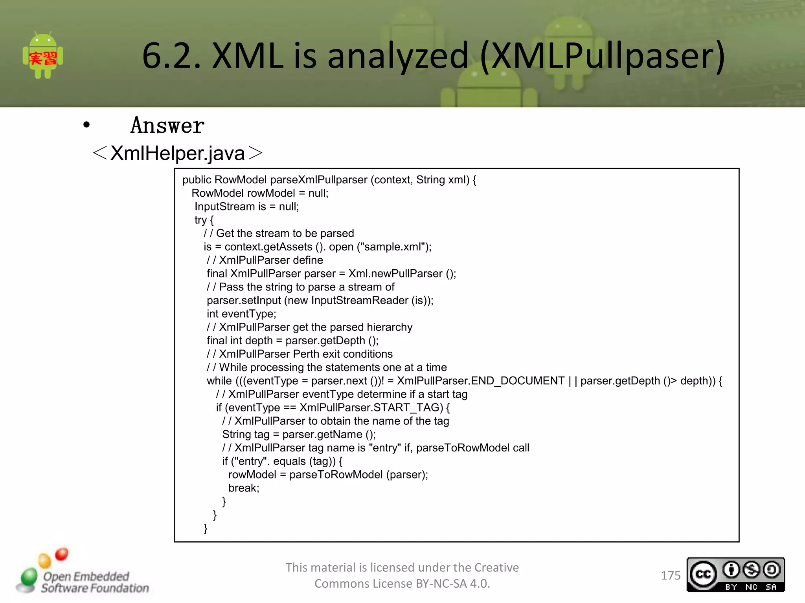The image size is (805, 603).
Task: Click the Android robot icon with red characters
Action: tap(43, 56)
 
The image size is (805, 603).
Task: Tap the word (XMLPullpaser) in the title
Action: tap(602, 56)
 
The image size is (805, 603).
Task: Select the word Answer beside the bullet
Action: tap(167, 126)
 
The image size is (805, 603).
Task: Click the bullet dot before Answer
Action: tap(86, 125)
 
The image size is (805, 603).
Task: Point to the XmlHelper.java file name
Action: tap(178, 153)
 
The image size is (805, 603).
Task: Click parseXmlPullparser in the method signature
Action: tap(318, 180)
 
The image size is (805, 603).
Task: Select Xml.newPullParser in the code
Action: tap(395, 274)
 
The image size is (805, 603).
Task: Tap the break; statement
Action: tap(244, 488)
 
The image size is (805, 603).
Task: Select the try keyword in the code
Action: tap(200, 220)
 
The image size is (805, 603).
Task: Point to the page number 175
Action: tap(671, 576)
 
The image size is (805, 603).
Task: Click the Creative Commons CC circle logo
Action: tap(703, 574)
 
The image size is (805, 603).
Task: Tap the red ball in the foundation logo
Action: tap(61, 554)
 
